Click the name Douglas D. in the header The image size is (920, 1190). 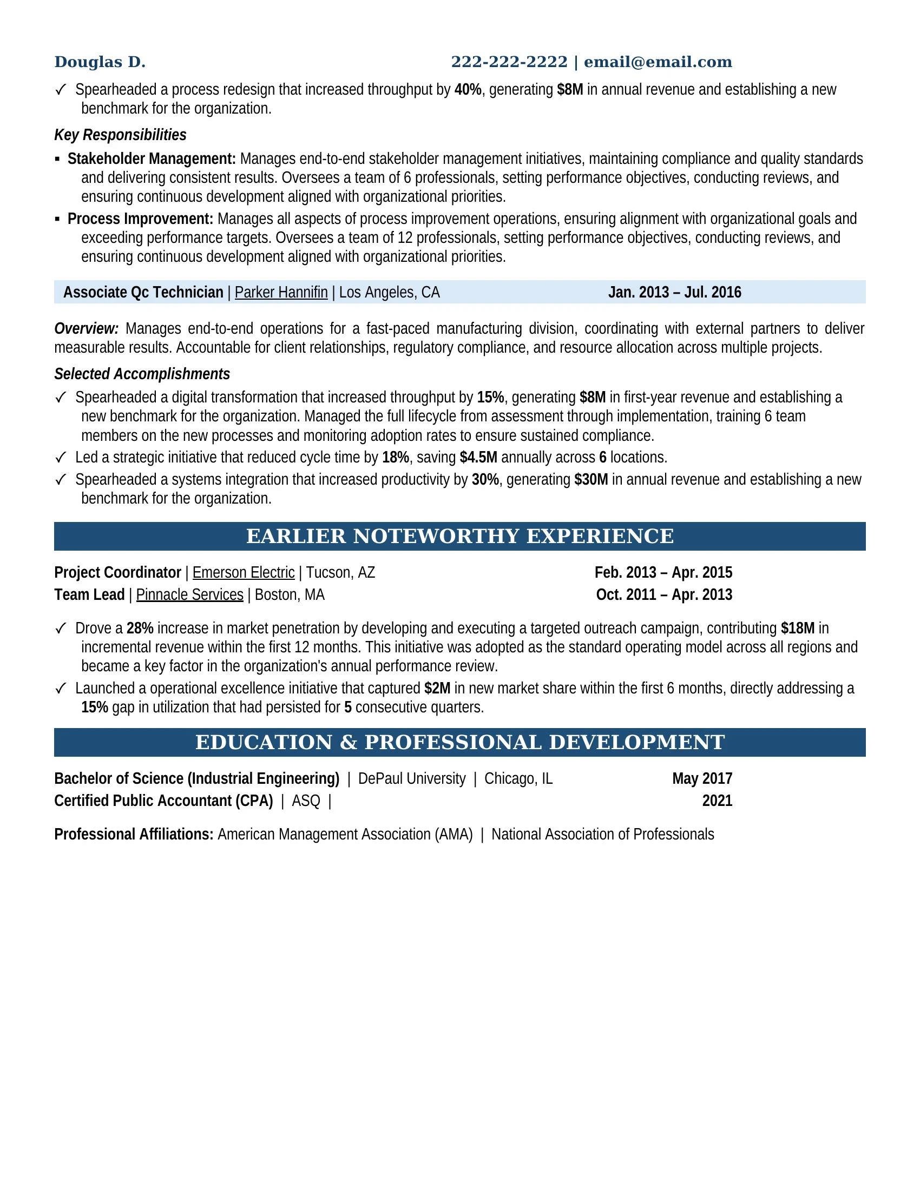pos(100,62)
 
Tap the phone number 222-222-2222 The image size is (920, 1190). pos(509,62)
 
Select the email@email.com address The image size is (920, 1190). pos(658,62)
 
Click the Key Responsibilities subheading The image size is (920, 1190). pos(120,135)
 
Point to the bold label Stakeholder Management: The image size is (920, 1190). pos(152,158)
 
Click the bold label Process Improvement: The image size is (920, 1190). pos(140,219)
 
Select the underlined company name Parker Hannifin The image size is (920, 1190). pos(281,293)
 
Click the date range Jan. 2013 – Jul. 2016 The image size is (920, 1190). pos(674,293)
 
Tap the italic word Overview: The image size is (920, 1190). pos(86,328)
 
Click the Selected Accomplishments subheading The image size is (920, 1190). pos(142,374)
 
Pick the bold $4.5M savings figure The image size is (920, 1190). pos(478,457)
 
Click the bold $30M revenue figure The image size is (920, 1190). pos(591,479)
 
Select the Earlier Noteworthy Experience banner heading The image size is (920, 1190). pos(459,536)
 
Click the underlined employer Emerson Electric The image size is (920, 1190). pos(243,573)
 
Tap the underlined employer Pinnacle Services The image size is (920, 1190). pos(189,594)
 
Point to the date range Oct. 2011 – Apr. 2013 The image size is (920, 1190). pos(664,594)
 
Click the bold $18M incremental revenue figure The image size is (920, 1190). pos(797,628)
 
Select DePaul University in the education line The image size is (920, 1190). pos(411,778)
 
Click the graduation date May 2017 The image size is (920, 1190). pos(701,778)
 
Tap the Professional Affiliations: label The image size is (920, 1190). pos(134,834)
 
